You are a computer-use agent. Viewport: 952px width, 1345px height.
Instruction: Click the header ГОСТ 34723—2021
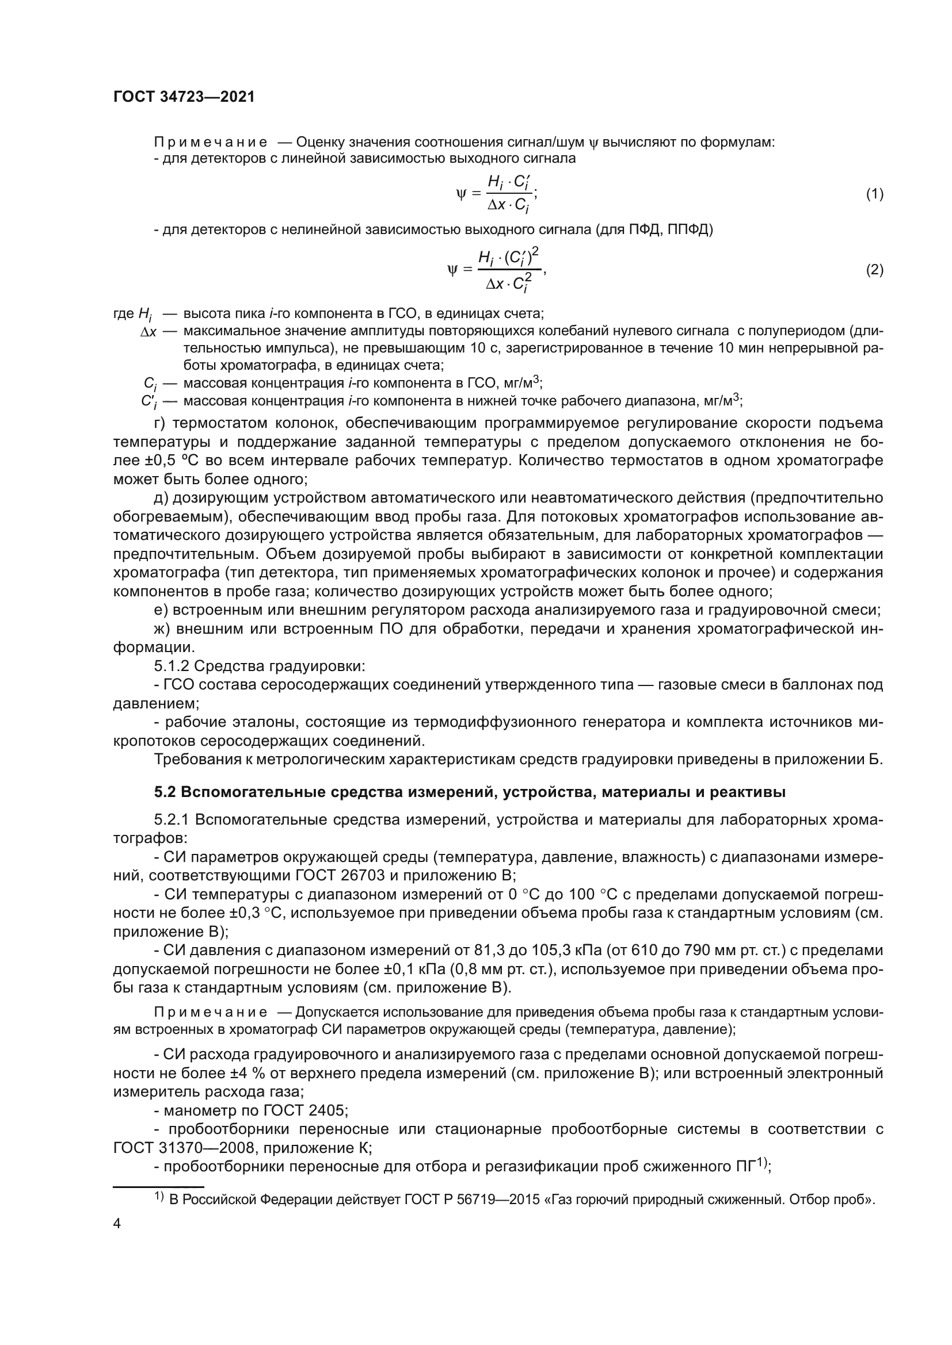pyautogui.click(x=184, y=97)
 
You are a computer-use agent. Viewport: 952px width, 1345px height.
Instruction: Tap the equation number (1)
pyautogui.click(x=874, y=194)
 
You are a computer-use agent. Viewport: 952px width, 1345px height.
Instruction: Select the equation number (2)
pyautogui.click(x=874, y=270)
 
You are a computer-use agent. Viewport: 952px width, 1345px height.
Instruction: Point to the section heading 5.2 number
pyautogui.click(x=165, y=792)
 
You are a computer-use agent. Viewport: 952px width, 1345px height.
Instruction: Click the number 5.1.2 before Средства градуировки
pyautogui.click(x=172, y=666)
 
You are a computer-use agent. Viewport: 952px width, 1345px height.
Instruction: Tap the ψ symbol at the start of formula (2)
pyautogui.click(x=451, y=270)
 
